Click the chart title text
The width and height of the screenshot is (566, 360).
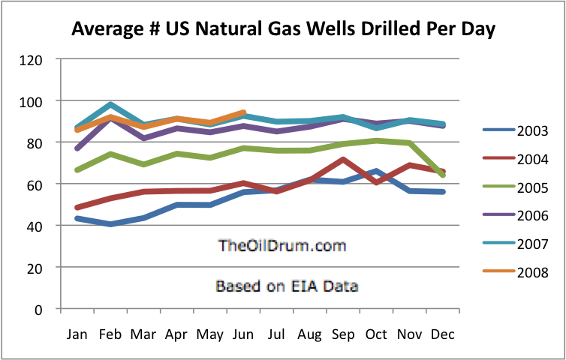284,29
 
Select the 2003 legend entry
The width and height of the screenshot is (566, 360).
522,130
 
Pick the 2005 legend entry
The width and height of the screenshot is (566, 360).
522,187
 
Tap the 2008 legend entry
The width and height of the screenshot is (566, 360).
522,271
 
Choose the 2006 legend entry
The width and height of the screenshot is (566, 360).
522,215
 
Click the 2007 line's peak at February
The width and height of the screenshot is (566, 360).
110,104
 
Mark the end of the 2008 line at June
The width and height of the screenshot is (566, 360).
244,112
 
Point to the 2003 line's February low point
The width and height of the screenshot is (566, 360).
110,224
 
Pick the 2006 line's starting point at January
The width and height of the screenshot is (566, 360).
76,148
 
